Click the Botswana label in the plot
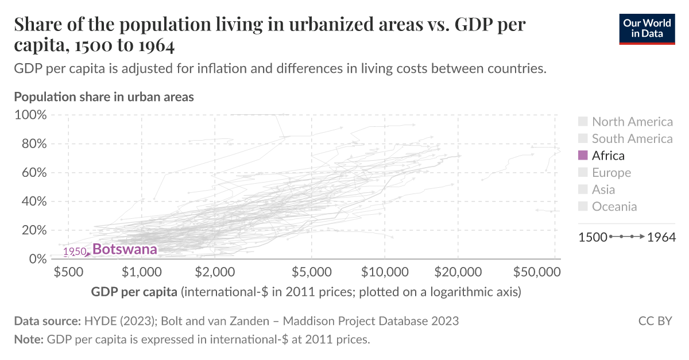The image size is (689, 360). point(125,249)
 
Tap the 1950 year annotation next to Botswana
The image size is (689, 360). point(75,252)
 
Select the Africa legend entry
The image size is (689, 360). point(608,156)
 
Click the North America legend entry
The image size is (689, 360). point(632,122)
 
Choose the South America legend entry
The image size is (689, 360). point(632,138)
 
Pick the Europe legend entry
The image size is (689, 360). point(611,173)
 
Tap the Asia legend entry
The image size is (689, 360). point(603,189)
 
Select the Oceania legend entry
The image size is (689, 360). point(614,207)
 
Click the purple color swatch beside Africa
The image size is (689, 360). point(583,156)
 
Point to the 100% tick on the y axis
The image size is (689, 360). point(30,115)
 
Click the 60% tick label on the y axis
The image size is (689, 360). point(33,173)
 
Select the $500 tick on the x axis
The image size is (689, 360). point(68,271)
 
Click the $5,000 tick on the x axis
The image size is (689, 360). point(311,271)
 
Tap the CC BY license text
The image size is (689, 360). point(655,321)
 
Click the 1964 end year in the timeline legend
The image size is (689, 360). point(661,237)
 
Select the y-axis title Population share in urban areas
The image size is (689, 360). point(104,96)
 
